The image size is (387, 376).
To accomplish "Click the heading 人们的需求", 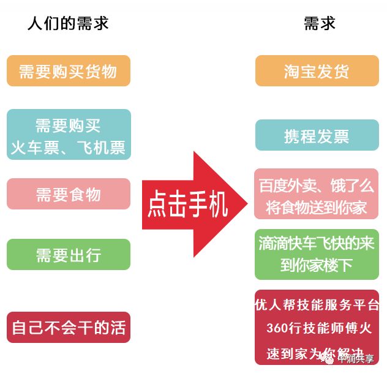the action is coord(68,24).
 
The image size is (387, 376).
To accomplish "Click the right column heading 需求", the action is coord(319,24).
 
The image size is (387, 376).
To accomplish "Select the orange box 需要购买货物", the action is coord(68,71).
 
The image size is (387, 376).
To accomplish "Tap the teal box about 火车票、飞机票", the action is coord(68,135).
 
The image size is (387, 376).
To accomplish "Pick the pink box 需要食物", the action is coord(68,194).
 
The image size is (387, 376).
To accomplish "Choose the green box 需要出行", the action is coord(68,254).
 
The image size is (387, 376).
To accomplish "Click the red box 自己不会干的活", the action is coord(68,327).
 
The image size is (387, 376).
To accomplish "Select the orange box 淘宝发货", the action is coord(317,71).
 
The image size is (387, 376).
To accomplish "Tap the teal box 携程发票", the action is coord(317,135).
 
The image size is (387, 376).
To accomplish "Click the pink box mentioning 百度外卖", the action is coord(317,194).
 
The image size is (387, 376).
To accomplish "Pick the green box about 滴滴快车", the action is coord(317,254).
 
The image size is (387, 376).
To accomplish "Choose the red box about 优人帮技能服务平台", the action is coord(317,328).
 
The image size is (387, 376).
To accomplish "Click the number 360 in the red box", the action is coord(277,328).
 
